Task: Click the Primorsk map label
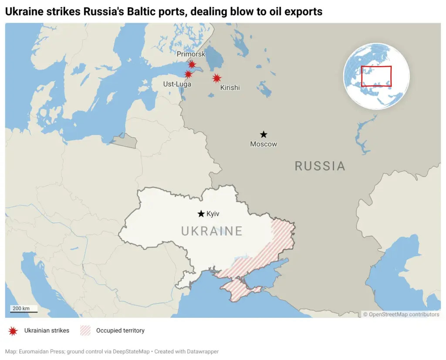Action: pyautogui.click(x=191, y=54)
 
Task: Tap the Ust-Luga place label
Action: pyautogui.click(x=177, y=84)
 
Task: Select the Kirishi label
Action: pyautogui.click(x=230, y=88)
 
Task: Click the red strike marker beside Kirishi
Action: pyautogui.click(x=216, y=78)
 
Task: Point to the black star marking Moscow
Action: pyautogui.click(x=264, y=135)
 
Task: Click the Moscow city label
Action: pyautogui.click(x=264, y=144)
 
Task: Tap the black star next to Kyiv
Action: pyautogui.click(x=201, y=214)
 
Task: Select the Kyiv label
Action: pyautogui.click(x=213, y=214)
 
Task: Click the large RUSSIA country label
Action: pyautogui.click(x=320, y=166)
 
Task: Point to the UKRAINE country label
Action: pyautogui.click(x=212, y=231)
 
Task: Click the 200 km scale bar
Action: pyautogui.click(x=24, y=309)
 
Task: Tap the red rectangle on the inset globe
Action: pyautogui.click(x=376, y=76)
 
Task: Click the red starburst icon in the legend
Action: pyautogui.click(x=13, y=331)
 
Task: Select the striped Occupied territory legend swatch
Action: pyautogui.click(x=85, y=331)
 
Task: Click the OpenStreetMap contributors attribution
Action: pyautogui.click(x=401, y=314)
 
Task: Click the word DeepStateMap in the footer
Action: pyautogui.click(x=127, y=351)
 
